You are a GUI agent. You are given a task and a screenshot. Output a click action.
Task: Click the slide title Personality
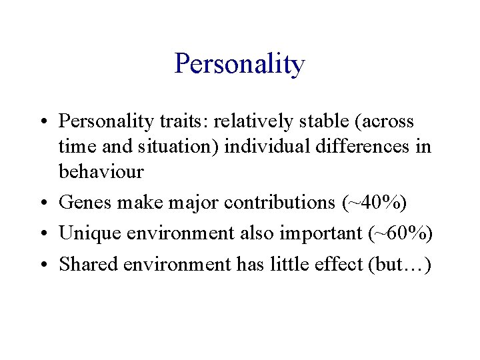click(239, 65)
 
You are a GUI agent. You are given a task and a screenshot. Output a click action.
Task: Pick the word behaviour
click(101, 171)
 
